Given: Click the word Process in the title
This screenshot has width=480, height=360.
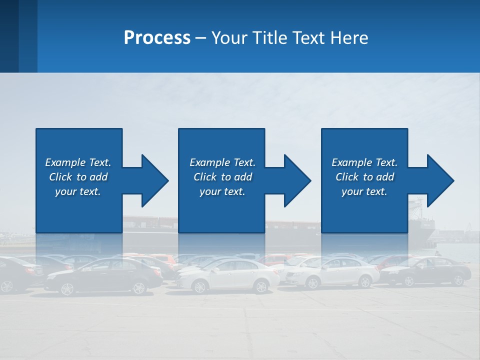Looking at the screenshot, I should point(157,38).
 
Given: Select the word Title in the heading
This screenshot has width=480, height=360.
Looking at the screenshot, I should point(271,38).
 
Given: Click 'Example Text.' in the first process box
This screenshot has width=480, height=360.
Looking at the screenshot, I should point(78,162).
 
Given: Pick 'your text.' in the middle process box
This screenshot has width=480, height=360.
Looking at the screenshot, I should point(222,191).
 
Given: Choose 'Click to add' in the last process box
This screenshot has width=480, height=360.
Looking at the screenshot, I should point(364,177).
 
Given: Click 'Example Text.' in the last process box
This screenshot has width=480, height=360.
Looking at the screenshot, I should point(364,162).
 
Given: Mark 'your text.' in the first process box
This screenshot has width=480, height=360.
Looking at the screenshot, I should point(78,191).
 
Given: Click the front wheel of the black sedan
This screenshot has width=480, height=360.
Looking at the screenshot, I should point(66,288).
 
